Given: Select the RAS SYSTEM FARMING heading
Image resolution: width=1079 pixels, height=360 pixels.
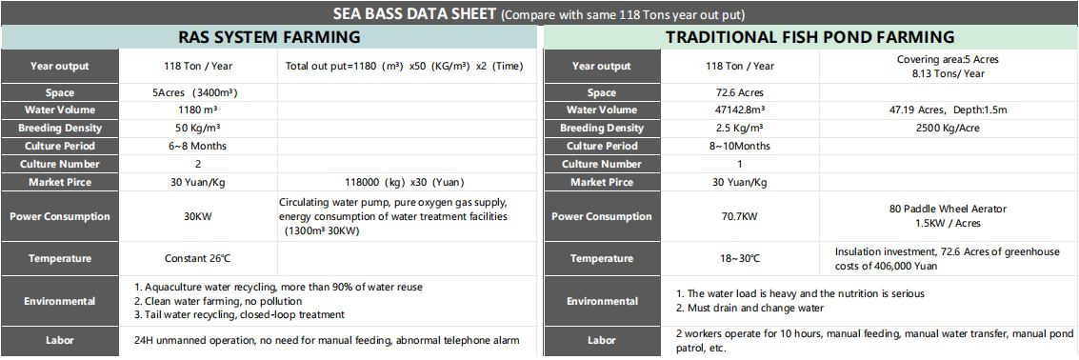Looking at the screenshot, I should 270,38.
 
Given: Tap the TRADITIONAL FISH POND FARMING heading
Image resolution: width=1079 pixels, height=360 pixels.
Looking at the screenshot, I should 809,38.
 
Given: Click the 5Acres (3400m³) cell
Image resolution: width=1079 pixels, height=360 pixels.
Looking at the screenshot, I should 197,93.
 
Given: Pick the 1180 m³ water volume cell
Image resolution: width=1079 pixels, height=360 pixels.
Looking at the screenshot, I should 197,110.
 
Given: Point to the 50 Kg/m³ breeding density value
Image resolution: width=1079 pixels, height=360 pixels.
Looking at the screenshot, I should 197,129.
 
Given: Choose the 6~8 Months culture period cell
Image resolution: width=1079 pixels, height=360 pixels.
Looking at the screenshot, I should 197,146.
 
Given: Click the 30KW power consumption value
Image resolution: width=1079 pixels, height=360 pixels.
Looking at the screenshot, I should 197,216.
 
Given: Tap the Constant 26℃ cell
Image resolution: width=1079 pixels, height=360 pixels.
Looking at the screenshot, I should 197,258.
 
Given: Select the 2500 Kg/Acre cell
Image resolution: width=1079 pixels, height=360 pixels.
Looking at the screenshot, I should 948,129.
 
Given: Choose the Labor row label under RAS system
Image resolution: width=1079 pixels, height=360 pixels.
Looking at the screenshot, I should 59,340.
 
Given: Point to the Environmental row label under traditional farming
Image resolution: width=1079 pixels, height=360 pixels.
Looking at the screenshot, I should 601,301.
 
